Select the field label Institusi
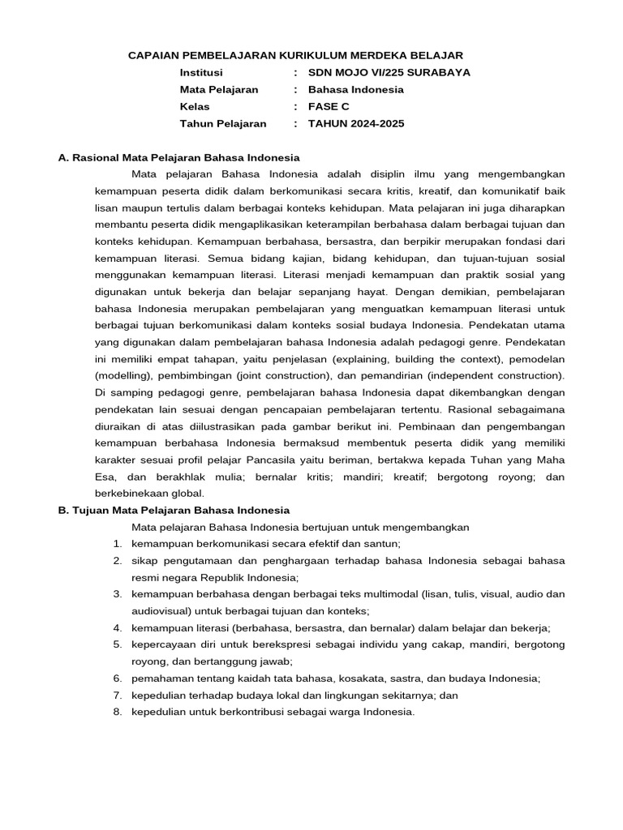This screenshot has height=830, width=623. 201,72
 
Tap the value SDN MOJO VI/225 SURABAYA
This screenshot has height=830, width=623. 389,72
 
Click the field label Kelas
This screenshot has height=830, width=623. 195,106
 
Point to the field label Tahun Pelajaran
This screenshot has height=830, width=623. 223,123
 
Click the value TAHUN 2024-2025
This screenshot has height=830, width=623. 355,123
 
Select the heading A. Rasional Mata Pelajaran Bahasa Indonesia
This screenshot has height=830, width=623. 179,157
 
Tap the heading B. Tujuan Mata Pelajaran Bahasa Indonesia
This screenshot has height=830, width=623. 174,510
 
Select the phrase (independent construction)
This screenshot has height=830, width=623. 496,375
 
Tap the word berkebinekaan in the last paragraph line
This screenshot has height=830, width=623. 131,493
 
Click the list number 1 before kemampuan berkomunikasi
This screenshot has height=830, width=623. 118,543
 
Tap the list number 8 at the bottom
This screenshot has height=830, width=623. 118,712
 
